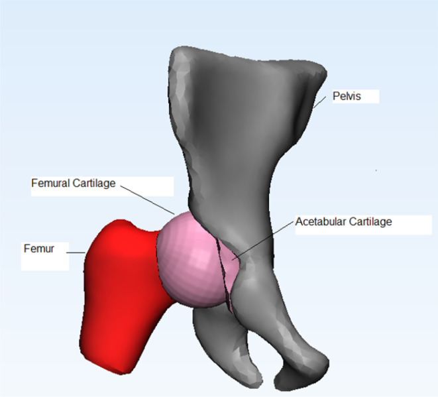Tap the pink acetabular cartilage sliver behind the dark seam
(x=227, y=265)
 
